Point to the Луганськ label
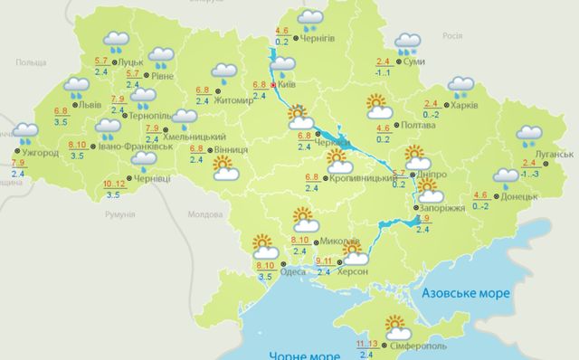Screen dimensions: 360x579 [550, 155]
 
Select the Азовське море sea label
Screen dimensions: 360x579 [467, 294]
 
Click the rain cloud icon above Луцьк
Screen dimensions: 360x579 [115, 40]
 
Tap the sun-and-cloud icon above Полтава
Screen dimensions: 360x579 [378, 107]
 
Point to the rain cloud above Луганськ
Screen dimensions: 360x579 [529, 136]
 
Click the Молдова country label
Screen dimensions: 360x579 [204, 215]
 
